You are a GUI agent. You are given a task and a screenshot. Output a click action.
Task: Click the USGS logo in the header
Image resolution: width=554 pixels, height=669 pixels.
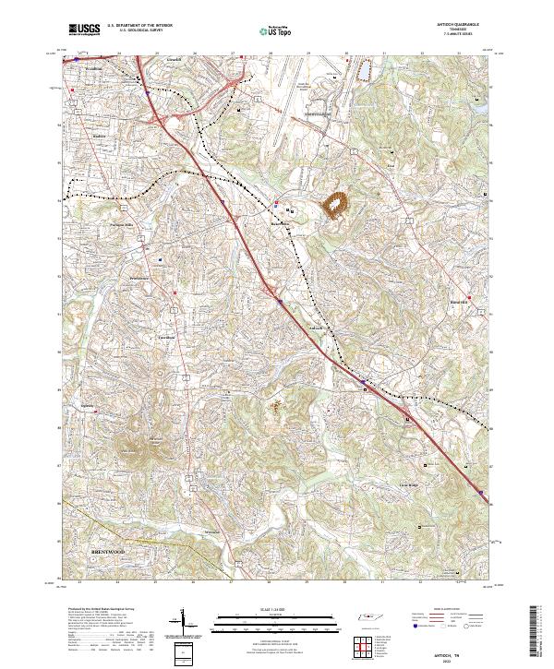[84, 30]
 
